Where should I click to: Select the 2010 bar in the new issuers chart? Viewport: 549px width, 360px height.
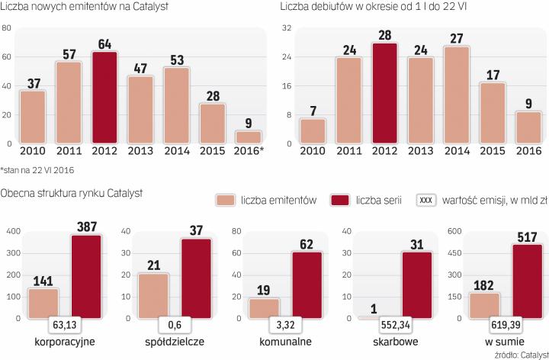click(x=32, y=117)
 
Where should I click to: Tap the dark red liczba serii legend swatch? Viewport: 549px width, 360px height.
click(x=319, y=200)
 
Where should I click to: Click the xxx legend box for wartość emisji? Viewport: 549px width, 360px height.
click(x=426, y=200)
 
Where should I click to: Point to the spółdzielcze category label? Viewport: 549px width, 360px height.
click(x=173, y=341)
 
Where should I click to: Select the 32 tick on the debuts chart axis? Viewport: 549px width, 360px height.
click(x=289, y=28)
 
